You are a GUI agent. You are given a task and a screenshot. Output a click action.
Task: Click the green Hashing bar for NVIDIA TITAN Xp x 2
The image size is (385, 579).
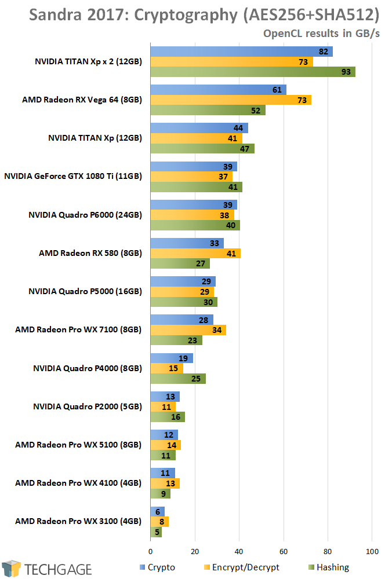click(x=252, y=72)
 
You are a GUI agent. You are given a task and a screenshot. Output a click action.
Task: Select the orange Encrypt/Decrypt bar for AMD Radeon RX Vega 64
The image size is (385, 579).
click(x=230, y=100)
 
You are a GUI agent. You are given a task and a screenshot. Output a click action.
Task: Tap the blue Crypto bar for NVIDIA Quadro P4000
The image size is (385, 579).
click(x=171, y=358)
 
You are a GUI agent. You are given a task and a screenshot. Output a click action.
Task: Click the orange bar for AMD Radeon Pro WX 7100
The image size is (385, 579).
click(x=188, y=330)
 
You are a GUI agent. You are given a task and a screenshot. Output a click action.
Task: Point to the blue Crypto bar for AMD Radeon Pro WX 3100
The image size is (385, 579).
click(x=157, y=511)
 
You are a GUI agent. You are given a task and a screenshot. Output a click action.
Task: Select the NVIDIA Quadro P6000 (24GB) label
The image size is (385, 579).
click(x=85, y=215)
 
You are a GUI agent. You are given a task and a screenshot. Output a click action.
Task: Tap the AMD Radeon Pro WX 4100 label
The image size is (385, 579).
click(x=78, y=482)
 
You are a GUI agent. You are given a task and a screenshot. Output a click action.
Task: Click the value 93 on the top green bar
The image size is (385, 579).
click(x=346, y=72)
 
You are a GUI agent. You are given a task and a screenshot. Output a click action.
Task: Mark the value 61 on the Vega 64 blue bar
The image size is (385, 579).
click(x=277, y=90)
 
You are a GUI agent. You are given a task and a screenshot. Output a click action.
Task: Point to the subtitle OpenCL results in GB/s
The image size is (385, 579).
click(x=321, y=34)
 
